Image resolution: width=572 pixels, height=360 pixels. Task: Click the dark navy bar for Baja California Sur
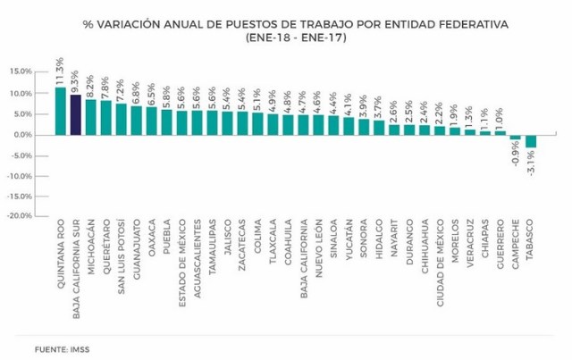(x=75, y=114)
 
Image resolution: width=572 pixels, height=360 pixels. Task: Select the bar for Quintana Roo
(x=60, y=110)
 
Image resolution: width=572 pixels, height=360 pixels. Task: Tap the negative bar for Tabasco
(x=531, y=140)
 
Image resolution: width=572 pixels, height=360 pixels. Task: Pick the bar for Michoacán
(x=90, y=117)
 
